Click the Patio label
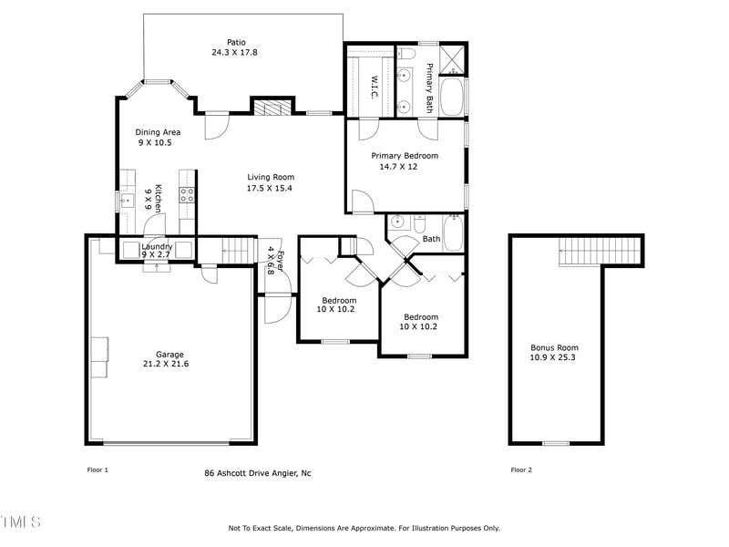click(236, 42)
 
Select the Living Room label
click(271, 178)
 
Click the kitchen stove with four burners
click(188, 194)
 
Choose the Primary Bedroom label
click(405, 156)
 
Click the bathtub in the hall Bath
click(453, 232)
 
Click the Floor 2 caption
click(521, 470)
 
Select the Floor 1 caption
click(97, 470)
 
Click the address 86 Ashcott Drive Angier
click(257, 473)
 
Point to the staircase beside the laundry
click(236, 248)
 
